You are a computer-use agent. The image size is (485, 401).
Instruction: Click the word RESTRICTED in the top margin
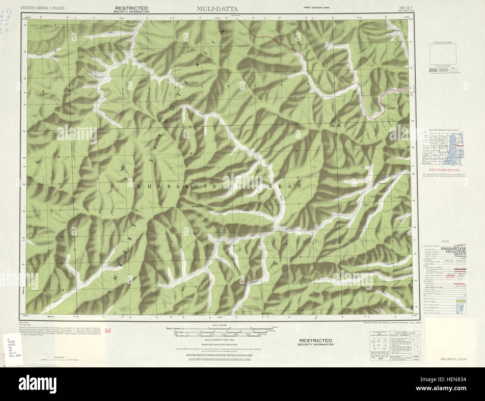coord(131,8)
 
